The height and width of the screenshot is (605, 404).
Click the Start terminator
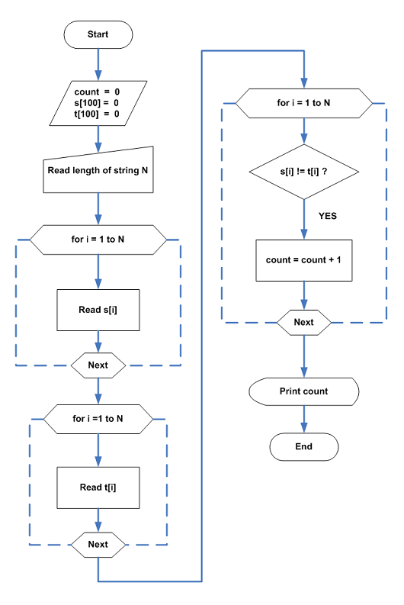click(98, 34)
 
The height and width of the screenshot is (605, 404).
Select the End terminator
click(304, 446)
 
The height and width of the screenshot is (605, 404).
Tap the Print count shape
click(304, 391)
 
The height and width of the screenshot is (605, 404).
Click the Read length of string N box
click(98, 172)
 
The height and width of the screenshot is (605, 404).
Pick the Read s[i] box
click(98, 310)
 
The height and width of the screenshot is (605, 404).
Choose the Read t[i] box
click(98, 488)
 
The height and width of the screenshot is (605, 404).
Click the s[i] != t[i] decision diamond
click(304, 172)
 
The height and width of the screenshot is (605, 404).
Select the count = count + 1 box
click(304, 260)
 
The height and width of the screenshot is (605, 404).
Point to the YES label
click(328, 216)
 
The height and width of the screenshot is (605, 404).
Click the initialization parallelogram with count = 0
click(98, 103)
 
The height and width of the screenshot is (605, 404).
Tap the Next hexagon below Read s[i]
click(98, 365)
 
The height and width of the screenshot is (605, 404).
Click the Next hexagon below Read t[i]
click(98, 545)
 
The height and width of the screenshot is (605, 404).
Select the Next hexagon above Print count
click(304, 322)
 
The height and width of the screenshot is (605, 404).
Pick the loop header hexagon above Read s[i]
click(98, 240)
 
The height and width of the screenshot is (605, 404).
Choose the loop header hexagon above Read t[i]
click(98, 419)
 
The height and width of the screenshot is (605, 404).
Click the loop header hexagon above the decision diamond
click(304, 103)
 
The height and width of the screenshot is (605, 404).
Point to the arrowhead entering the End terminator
click(304, 427)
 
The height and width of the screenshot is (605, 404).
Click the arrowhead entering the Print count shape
click(304, 372)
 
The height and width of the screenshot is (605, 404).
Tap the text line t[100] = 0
click(97, 114)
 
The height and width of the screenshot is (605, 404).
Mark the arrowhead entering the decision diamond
click(304, 139)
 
